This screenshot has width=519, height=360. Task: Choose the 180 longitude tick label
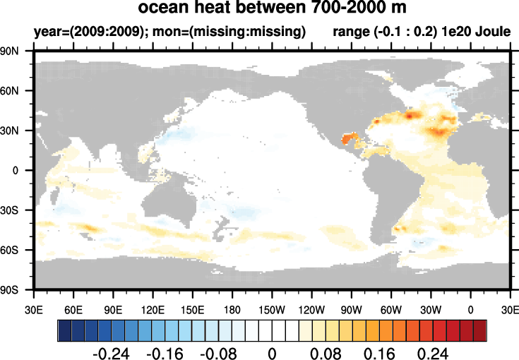(x=232, y=308)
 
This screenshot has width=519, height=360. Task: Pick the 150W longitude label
(x=272, y=308)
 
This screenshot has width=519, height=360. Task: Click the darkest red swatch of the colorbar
(x=480, y=330)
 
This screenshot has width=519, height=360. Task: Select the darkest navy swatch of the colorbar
(x=64, y=330)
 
